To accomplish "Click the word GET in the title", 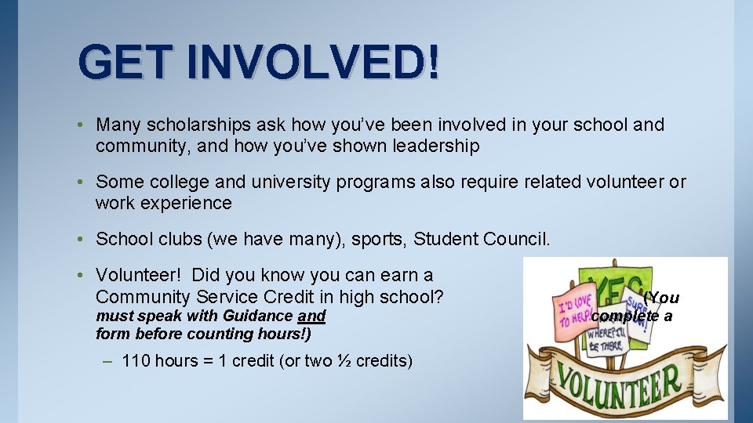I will point(123,62).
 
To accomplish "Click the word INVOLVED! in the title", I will point(314,62).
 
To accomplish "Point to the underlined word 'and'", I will point(312,316).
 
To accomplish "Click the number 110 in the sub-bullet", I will point(136,361).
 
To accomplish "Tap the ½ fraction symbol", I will point(344,361).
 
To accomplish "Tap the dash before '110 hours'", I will point(107,361).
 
